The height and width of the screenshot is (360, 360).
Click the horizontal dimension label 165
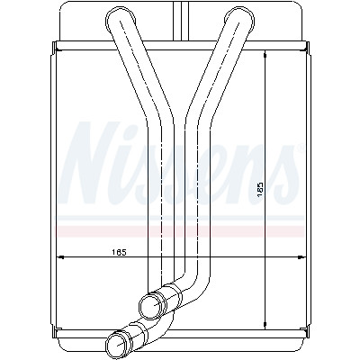[119, 252]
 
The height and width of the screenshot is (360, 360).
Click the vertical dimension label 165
[260, 189]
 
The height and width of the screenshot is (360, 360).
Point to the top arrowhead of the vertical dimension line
[265, 54]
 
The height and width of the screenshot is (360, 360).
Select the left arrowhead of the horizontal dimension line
[60, 257]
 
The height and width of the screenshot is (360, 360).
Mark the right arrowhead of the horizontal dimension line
[301, 257]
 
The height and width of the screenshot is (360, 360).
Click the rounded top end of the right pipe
[238, 18]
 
